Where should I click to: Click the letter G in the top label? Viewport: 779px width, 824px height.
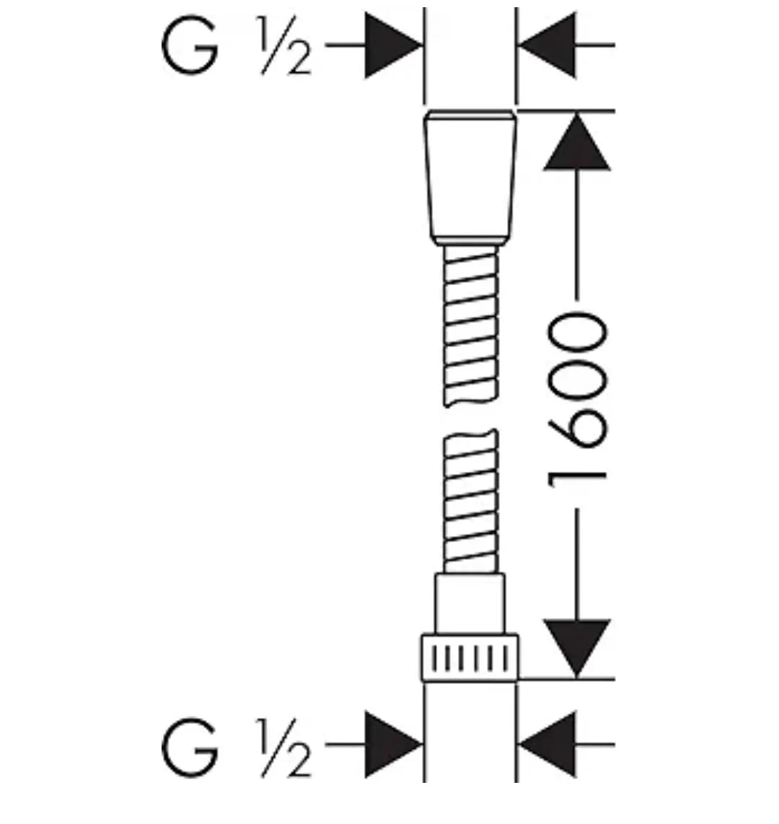coord(190,45)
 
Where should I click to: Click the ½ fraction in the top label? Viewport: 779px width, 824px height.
coord(284,45)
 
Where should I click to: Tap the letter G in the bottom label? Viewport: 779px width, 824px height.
coord(190,747)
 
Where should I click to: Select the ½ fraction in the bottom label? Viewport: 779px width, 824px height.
coord(284,747)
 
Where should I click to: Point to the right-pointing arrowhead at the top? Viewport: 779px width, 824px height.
coord(393,45)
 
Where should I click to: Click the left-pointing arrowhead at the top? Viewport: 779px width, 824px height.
coord(547,45)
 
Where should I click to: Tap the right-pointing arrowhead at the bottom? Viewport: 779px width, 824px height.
coord(393,745)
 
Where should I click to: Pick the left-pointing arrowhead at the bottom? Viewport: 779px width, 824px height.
coord(547,745)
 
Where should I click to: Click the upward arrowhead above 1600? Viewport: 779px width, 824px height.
coord(577,142)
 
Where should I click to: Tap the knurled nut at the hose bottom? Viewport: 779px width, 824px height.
coord(470,658)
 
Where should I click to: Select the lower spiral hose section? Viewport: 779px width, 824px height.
coord(470,502)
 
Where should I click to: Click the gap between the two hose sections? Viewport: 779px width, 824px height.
coord(470,418)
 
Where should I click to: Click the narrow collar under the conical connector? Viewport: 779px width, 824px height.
coord(470,242)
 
